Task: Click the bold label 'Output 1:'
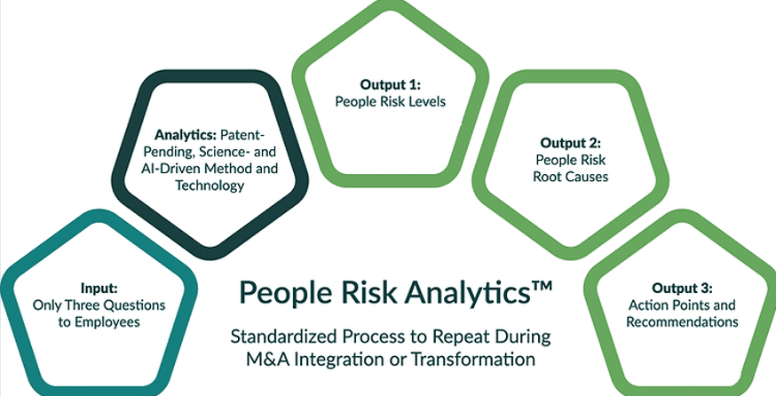click(390, 84)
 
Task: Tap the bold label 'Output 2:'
click(570, 144)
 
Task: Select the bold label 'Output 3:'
click(682, 288)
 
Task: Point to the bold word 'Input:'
click(99, 288)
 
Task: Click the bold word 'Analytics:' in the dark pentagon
click(186, 135)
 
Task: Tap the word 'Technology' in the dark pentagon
click(210, 186)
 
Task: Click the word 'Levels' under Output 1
click(425, 101)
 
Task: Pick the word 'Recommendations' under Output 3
click(682, 321)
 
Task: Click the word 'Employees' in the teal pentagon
click(107, 322)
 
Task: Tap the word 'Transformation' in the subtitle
click(473, 359)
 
